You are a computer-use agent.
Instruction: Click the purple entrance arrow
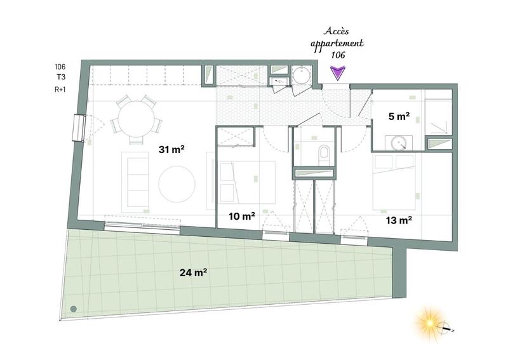[x=338, y=74]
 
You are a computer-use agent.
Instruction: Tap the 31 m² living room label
[x=171, y=150]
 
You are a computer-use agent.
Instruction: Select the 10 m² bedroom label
[x=242, y=217]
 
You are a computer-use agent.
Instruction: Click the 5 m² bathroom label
[x=398, y=117]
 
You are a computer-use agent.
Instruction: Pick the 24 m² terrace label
[x=194, y=273]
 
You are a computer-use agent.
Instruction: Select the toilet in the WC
[x=324, y=153]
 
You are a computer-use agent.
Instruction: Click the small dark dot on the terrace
[x=74, y=309]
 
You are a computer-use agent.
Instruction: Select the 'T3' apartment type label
[x=60, y=77]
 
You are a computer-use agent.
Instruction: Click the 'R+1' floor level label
[x=60, y=90]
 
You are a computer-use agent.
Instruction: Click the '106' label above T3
[x=60, y=66]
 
